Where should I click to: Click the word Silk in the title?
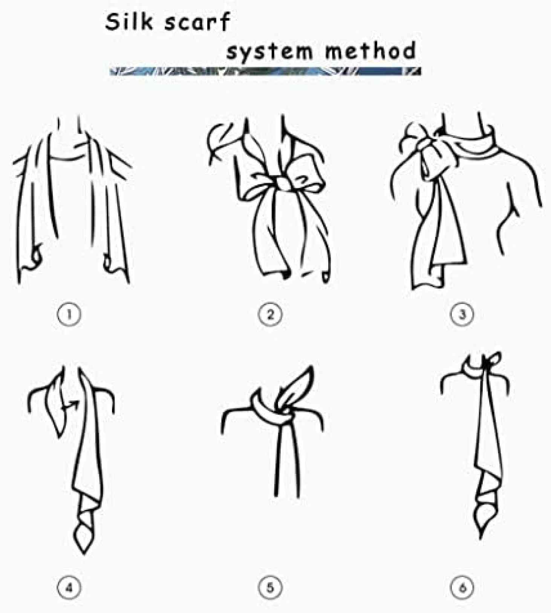pos(129,23)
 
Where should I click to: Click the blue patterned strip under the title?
pos(265,71)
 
